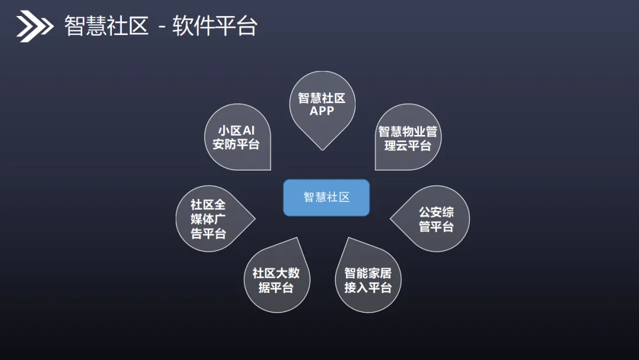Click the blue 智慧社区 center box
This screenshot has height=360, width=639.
(x=326, y=198)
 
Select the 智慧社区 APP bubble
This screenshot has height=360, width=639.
(x=322, y=105)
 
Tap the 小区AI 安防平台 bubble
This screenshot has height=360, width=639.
(x=237, y=137)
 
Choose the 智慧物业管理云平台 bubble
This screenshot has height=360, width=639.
(x=408, y=139)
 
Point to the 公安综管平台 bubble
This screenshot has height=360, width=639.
(x=435, y=218)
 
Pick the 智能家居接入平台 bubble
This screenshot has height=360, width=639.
(x=368, y=280)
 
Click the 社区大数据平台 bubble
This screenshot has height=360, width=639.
(x=276, y=280)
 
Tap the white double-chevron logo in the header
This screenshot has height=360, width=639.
(x=34, y=27)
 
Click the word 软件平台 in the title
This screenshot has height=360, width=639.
(x=215, y=27)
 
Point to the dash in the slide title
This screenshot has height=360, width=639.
(x=161, y=28)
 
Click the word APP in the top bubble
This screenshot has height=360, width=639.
(x=322, y=111)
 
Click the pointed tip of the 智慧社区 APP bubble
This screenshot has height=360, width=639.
(x=322, y=149)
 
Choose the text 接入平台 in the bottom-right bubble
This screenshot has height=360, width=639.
(x=368, y=288)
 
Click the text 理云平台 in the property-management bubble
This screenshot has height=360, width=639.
(x=408, y=146)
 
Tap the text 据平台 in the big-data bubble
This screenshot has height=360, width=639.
(x=276, y=288)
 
